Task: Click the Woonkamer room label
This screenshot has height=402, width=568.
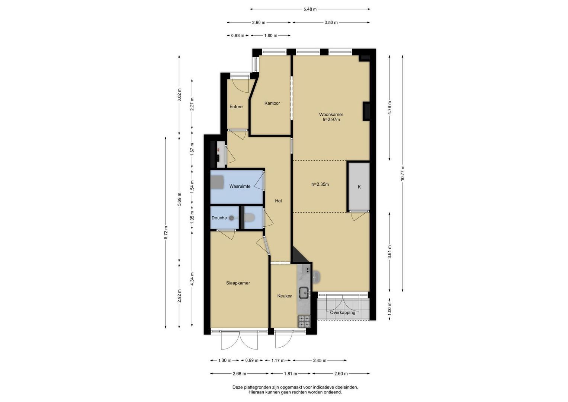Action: (331, 115)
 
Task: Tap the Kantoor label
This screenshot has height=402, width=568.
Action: (272, 103)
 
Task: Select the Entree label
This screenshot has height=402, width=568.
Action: (236, 106)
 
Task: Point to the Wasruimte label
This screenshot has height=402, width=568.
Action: (240, 186)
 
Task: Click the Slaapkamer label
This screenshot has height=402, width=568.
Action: (238, 283)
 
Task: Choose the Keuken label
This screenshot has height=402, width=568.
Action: (285, 296)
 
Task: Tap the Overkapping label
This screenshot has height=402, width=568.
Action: (343, 313)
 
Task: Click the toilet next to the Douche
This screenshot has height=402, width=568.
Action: (250, 217)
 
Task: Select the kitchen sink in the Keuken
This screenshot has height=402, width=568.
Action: (304, 293)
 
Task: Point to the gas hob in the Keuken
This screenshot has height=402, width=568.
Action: (304, 321)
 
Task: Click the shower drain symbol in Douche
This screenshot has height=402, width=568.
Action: (231, 218)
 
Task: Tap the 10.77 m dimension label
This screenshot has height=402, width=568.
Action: (402, 173)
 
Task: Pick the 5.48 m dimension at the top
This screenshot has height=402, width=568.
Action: (310, 9)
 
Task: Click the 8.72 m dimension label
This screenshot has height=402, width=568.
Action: (166, 233)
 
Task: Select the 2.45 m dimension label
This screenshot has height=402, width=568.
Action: (320, 360)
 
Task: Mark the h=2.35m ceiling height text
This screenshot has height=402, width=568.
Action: (320, 185)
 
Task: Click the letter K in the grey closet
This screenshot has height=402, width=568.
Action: (359, 187)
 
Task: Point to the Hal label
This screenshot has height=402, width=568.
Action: (279, 201)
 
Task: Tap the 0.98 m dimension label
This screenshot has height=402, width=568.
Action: (238, 35)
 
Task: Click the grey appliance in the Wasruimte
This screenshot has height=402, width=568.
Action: (217, 182)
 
